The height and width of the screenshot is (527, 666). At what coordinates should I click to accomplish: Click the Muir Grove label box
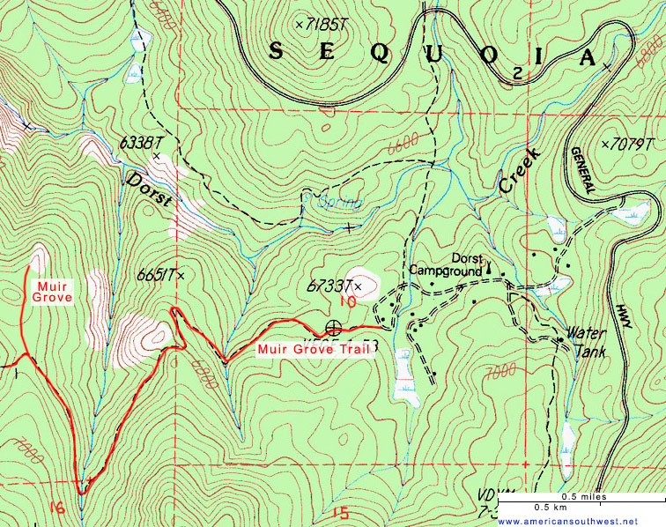[x=50, y=293]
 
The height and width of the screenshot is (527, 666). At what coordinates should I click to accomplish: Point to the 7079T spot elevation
[x=628, y=144]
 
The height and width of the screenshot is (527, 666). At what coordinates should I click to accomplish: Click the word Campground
[x=440, y=270]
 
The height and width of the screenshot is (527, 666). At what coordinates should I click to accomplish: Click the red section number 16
[x=58, y=507]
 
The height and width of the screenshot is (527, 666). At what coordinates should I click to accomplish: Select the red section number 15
[x=343, y=514]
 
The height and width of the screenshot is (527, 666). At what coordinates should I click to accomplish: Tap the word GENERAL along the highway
[x=586, y=169]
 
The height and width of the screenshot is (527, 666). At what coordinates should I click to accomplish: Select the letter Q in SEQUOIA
[x=380, y=52]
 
